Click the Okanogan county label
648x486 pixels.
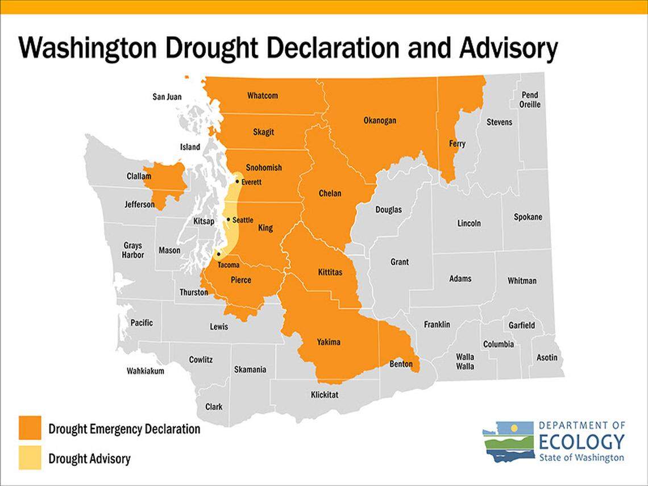pos(380,121)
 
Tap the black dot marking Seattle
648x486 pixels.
pos(228,219)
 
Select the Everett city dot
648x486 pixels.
pos(237,182)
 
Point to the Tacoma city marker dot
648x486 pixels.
pos(218,255)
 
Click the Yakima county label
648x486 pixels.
pos(329,342)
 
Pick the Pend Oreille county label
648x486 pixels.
pos(529,99)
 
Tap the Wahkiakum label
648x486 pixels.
pos(145,371)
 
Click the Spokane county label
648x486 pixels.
pos(527,217)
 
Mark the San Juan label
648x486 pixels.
pos(167,97)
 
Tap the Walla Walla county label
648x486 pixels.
pos(465,362)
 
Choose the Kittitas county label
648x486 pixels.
pos(329,272)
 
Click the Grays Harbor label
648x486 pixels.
pos(134,250)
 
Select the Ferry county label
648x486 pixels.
pos(457,144)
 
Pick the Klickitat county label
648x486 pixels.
pos(325,394)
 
